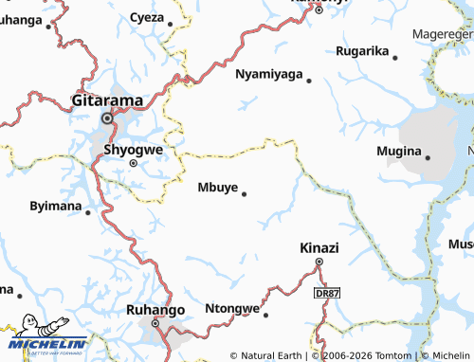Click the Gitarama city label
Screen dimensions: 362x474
click(108, 100)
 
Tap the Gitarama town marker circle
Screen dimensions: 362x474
click(108, 118)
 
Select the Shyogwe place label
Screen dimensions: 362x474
click(132, 149)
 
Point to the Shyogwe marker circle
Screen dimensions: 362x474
click(133, 163)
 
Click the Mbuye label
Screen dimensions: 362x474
click(216, 187)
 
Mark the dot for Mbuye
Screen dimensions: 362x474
click(245, 194)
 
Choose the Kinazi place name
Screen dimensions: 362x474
click(319, 247)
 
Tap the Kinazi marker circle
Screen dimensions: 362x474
click(319, 262)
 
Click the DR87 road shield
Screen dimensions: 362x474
click(325, 295)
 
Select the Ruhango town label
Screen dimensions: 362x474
click(155, 309)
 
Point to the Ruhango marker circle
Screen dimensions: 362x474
click(155, 322)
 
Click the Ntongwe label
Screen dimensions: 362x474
click(231, 309)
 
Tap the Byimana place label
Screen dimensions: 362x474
click(54, 206)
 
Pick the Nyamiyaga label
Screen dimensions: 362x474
click(268, 74)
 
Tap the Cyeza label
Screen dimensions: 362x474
click(146, 17)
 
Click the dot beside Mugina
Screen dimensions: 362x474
click(428, 157)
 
